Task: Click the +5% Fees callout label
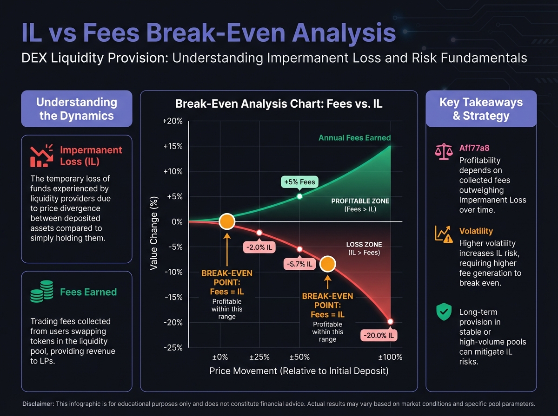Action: click(x=299, y=182)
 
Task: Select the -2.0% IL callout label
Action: click(x=259, y=247)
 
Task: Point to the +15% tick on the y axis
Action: click(x=172, y=146)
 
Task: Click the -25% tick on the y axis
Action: click(x=172, y=347)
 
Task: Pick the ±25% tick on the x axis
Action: click(x=259, y=357)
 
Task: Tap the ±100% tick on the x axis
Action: click(x=390, y=357)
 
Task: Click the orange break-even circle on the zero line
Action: click(x=227, y=222)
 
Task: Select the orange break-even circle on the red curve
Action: click(x=327, y=264)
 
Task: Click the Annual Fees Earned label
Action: click(x=354, y=138)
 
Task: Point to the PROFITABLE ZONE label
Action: click(x=360, y=201)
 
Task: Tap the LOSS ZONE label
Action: click(x=363, y=244)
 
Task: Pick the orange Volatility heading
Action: click(x=476, y=231)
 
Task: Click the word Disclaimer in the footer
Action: click(x=38, y=403)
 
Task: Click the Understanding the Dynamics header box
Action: click(x=77, y=109)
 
